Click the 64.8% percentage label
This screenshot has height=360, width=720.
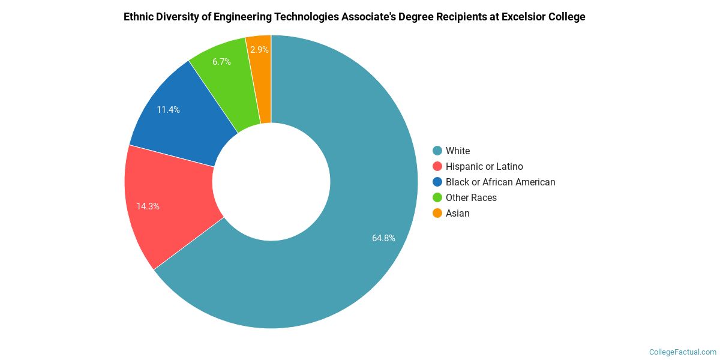383,238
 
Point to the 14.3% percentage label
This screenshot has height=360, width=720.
148,206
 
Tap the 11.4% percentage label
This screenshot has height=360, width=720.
168,110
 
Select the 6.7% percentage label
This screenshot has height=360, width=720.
221,62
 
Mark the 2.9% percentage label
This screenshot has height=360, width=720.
259,50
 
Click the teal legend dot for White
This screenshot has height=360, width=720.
437,151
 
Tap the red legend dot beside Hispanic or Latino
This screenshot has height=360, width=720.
437,166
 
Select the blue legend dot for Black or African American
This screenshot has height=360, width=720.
437,182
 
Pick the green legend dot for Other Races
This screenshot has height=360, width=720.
437,197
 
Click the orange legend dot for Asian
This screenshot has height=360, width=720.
437,213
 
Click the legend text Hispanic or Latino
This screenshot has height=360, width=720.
484,166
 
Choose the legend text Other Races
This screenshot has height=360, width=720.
471,197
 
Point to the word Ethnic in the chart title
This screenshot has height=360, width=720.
139,17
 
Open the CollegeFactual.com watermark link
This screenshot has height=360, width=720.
682,352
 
